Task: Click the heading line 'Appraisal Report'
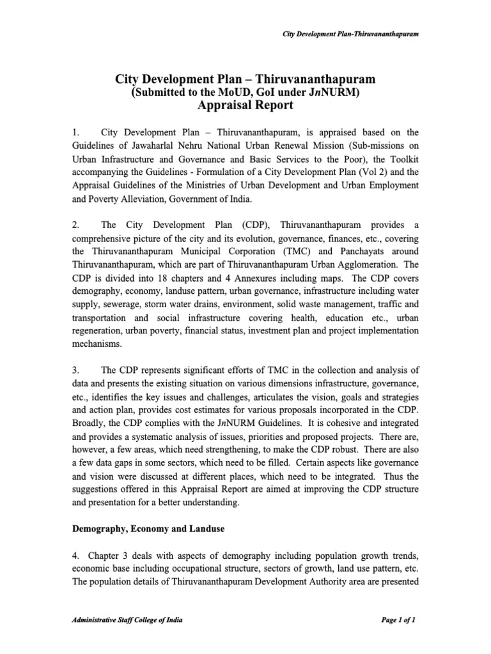point(245,105)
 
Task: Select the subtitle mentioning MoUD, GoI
point(245,93)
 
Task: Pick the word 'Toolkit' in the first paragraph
point(402,163)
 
